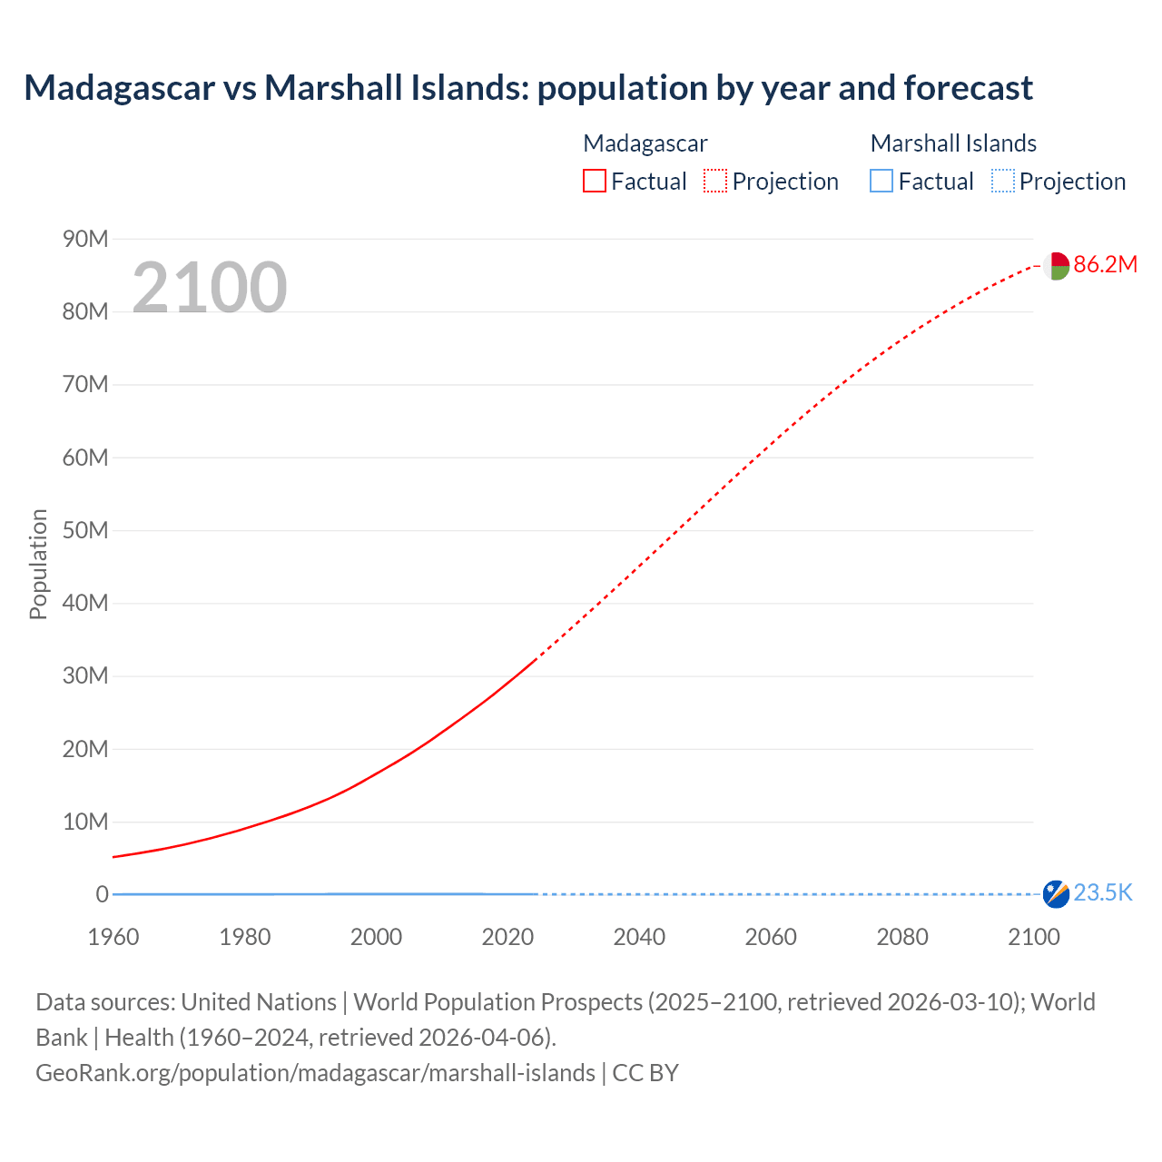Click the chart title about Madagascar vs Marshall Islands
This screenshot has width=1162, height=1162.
pos(527,88)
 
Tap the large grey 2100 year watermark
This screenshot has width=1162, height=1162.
pos(210,288)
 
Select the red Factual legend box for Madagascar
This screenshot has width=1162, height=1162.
pos(594,181)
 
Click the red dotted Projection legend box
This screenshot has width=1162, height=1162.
pos(715,181)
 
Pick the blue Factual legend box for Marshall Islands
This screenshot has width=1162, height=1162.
pos(881,181)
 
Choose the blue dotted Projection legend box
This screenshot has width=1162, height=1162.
pos(1002,181)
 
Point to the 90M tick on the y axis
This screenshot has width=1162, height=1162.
pos(85,239)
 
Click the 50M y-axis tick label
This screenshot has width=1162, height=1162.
pos(85,530)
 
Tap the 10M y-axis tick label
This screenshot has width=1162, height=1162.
pos(85,822)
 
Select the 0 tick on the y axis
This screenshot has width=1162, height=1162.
pos(102,894)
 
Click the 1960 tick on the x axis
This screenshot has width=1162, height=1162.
pos(113,937)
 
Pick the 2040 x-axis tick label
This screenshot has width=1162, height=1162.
pos(639,937)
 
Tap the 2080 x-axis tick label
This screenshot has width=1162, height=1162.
pos(902,937)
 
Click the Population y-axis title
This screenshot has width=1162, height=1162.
pos(38,564)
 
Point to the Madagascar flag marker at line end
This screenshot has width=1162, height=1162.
pos(1055,266)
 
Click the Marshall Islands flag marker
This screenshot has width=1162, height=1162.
pos(1056,894)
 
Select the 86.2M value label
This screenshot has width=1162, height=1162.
pos(1105,264)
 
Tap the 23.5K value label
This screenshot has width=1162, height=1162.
pos(1103,893)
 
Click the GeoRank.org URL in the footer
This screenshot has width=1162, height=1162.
pos(315,1073)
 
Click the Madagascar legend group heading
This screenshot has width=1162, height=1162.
pos(645,143)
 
